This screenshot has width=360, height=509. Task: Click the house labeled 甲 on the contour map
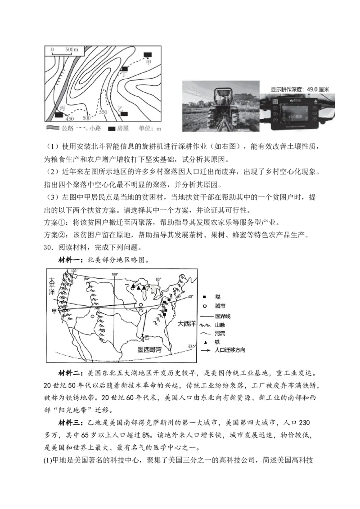click(x=147, y=55)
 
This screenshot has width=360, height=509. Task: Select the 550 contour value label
click(x=103, y=112)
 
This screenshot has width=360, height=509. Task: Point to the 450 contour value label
click(x=69, y=119)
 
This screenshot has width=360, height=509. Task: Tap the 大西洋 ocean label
click(x=185, y=323)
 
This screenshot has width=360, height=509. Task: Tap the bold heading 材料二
click(x=71, y=373)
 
